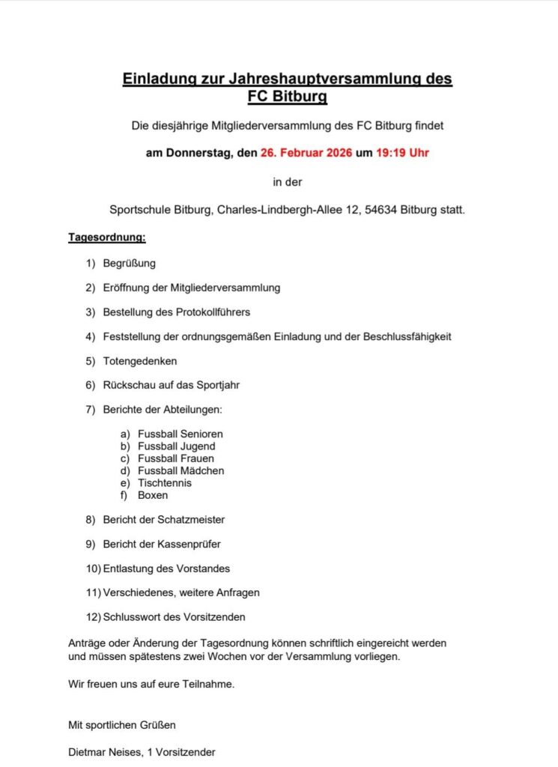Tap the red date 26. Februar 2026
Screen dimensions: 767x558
[307, 154]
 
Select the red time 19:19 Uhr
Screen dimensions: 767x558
[402, 154]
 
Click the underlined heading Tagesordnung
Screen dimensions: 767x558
[107, 238]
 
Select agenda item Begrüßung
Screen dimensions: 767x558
[130, 264]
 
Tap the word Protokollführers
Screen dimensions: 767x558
[208, 312]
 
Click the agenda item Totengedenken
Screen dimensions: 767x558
[140, 361]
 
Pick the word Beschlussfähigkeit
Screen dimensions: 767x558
[407, 336]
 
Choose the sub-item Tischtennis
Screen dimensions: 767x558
[165, 483]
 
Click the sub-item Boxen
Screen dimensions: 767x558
[153, 495]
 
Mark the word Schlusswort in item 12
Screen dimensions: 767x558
[130, 617]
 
